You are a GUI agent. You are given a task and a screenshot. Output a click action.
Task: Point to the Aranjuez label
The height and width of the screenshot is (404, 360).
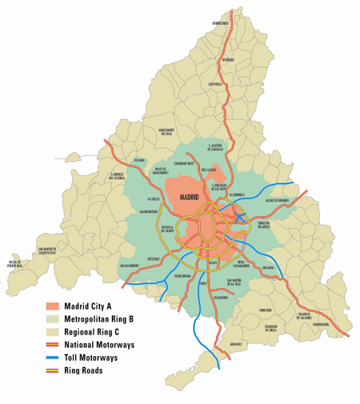tap(234, 343)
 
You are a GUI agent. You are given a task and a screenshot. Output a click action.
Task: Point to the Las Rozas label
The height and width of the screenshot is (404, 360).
tap(154, 198)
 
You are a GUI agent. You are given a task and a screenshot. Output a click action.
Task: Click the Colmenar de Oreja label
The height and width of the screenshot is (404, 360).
tap(271, 328)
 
